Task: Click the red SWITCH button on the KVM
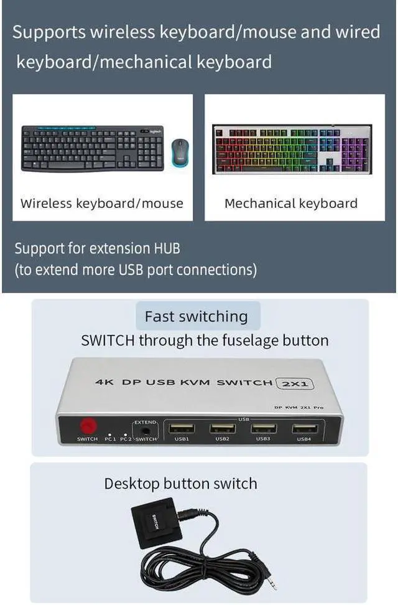[87, 426]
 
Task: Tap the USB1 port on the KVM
[182, 429]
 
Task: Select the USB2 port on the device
[222, 429]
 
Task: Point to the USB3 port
[263, 429]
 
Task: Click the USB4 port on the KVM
[304, 429]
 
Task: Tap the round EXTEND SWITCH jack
[147, 428]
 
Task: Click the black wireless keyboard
[92, 148]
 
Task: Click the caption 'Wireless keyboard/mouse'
[102, 204]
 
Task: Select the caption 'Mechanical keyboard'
[290, 204]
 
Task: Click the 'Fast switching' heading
[196, 316]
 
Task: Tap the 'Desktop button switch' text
[180, 484]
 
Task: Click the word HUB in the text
[166, 248]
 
